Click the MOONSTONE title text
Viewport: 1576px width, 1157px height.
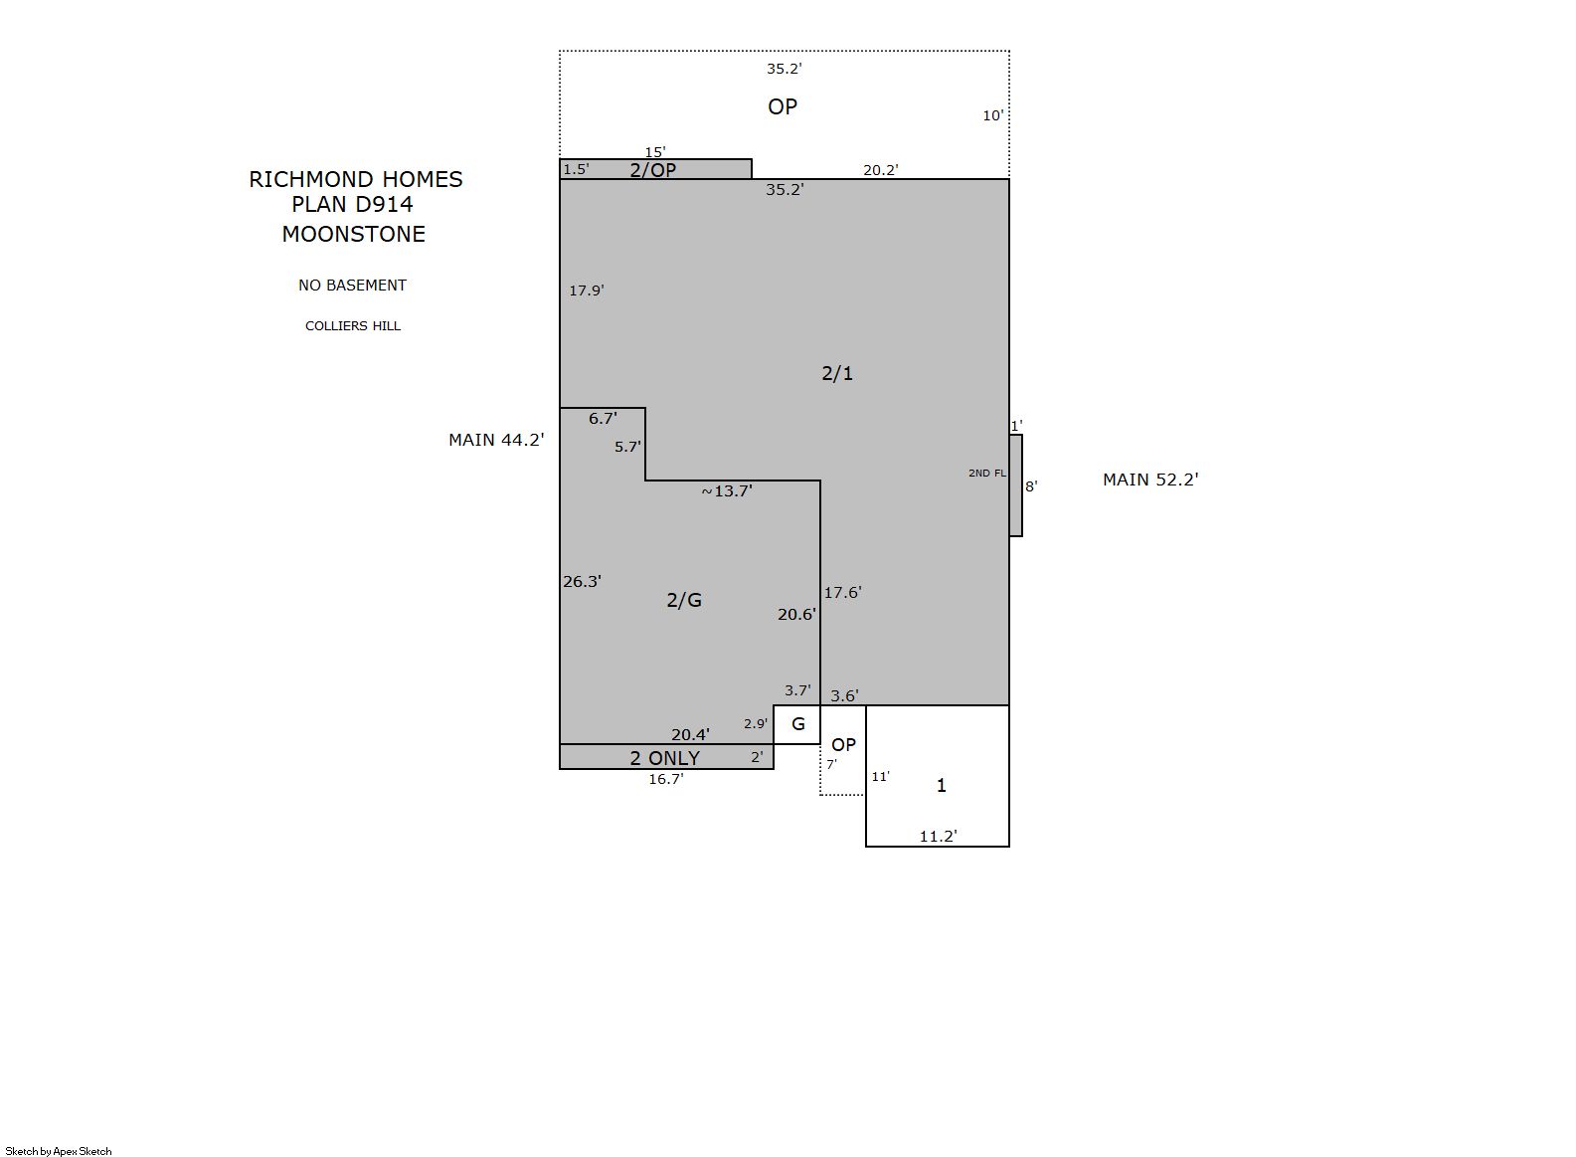click(354, 235)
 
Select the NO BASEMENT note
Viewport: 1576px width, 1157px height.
click(353, 286)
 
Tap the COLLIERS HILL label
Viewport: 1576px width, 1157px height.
click(353, 326)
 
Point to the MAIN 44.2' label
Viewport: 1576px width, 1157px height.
click(497, 441)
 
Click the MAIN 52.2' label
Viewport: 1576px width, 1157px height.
click(1151, 480)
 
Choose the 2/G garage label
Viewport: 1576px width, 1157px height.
click(684, 600)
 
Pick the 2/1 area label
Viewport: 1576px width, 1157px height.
click(837, 374)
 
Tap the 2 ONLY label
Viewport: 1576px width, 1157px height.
click(665, 759)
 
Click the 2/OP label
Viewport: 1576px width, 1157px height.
click(653, 170)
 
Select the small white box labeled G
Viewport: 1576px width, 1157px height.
click(797, 725)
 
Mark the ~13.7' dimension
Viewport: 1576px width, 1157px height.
click(727, 491)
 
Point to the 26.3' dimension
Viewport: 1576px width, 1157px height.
click(582, 582)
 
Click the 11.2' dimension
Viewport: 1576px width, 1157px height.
click(939, 837)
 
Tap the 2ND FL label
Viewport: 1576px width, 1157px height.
click(987, 474)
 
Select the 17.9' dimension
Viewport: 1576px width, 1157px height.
click(587, 290)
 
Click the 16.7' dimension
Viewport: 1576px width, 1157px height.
click(666, 779)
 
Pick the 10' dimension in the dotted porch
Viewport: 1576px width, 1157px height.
click(992, 116)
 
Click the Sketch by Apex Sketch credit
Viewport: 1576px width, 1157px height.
click(59, 1151)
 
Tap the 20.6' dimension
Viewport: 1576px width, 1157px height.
click(796, 615)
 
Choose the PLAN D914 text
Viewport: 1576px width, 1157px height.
click(353, 205)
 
